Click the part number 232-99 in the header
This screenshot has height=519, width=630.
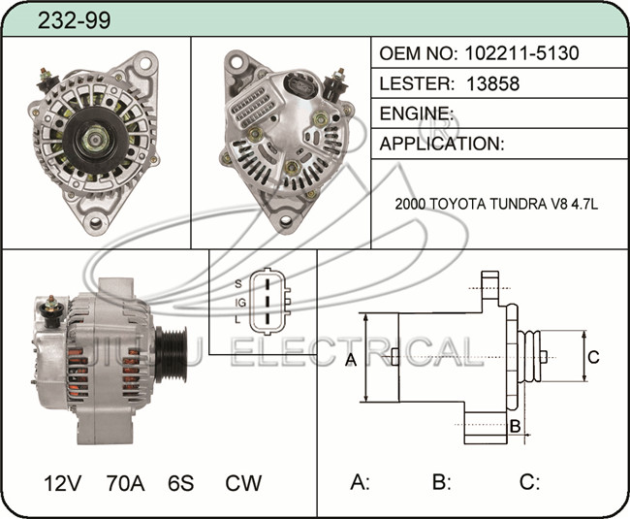74,20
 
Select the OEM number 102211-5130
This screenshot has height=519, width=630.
521,52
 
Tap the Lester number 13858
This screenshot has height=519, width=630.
492,83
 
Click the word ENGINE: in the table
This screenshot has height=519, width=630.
416,114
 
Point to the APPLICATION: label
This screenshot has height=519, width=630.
442,144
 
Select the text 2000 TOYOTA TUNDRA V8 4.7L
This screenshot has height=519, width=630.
496,205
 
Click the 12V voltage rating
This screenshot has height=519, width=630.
62,483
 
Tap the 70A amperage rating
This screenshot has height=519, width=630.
125,483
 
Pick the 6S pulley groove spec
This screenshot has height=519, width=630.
181,483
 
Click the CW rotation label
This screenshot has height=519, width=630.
243,483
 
